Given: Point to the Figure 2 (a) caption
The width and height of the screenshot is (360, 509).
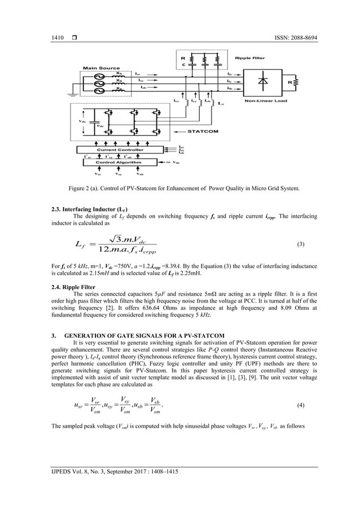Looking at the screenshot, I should (179, 187).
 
